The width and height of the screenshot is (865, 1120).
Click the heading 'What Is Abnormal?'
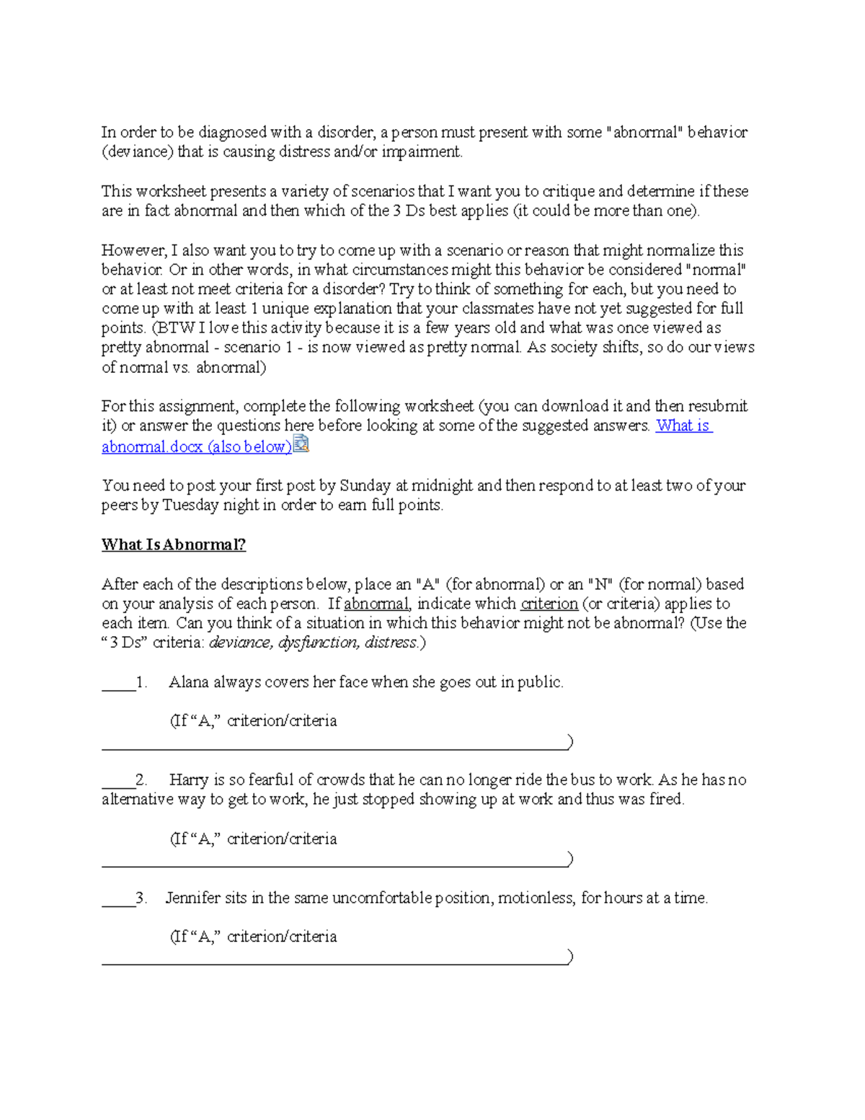(x=173, y=544)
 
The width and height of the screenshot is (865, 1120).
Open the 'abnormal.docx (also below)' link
(x=196, y=446)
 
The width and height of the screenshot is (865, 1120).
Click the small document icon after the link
(x=301, y=444)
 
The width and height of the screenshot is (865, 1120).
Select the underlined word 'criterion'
(x=549, y=604)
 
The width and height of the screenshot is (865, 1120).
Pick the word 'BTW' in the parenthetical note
(x=174, y=328)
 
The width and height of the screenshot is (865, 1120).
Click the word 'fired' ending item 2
(x=665, y=799)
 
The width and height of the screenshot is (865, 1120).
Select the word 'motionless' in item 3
(x=536, y=898)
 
